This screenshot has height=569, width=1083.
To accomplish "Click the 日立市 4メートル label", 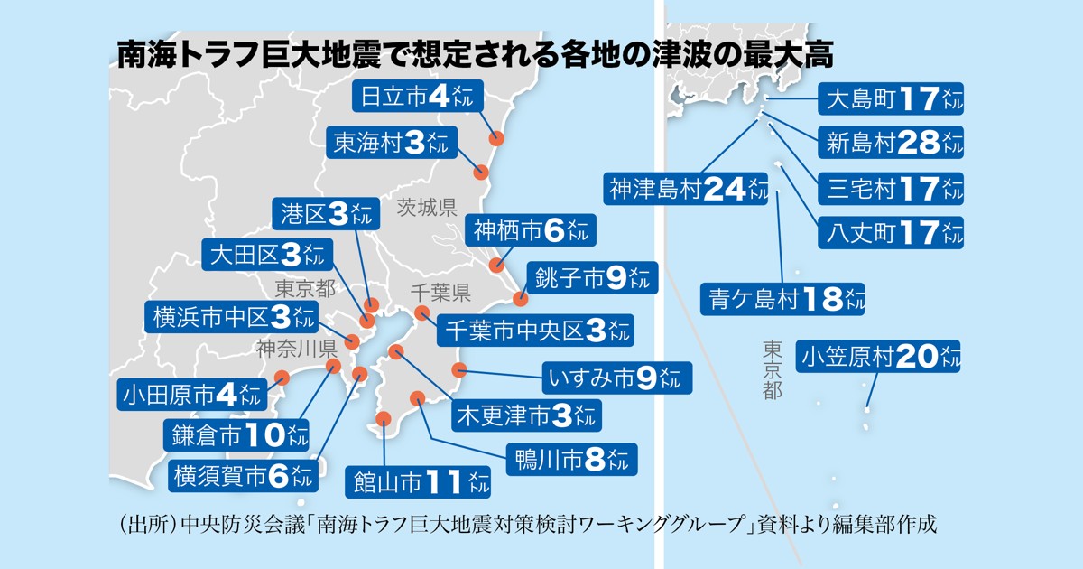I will click(x=419, y=98).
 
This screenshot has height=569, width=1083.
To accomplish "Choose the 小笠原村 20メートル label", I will click(x=877, y=357).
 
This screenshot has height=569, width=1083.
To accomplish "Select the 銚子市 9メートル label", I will click(x=592, y=278).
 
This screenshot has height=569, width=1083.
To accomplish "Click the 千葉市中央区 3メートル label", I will click(x=534, y=330).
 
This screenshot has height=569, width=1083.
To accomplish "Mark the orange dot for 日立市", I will click(x=495, y=139).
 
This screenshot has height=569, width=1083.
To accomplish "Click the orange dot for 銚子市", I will click(x=519, y=299).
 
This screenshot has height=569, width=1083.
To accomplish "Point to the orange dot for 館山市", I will click(x=384, y=418).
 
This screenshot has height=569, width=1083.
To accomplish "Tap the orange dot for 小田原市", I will click(x=282, y=378).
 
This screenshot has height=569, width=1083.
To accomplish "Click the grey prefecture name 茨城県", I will click(x=427, y=209).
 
